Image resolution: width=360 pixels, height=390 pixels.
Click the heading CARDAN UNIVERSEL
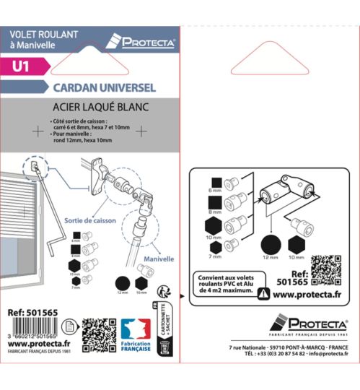click(x=104, y=87)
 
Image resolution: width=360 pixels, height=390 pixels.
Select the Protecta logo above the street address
click(x=308, y=325)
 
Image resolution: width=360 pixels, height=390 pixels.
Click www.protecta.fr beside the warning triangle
click(x=308, y=294)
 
